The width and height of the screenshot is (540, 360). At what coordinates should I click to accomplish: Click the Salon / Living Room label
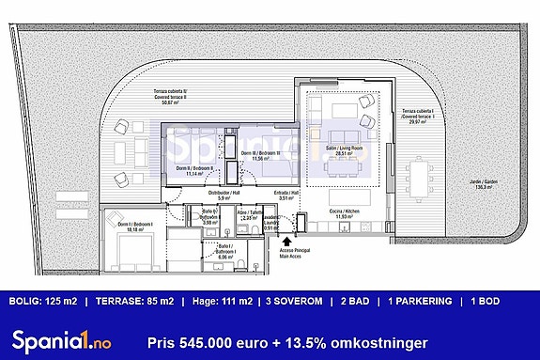(344, 150)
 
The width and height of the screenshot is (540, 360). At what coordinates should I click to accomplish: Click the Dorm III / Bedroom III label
(260, 156)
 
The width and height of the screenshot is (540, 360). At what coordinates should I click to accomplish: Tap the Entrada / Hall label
(287, 196)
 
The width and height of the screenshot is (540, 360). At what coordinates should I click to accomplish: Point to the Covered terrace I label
(418, 116)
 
